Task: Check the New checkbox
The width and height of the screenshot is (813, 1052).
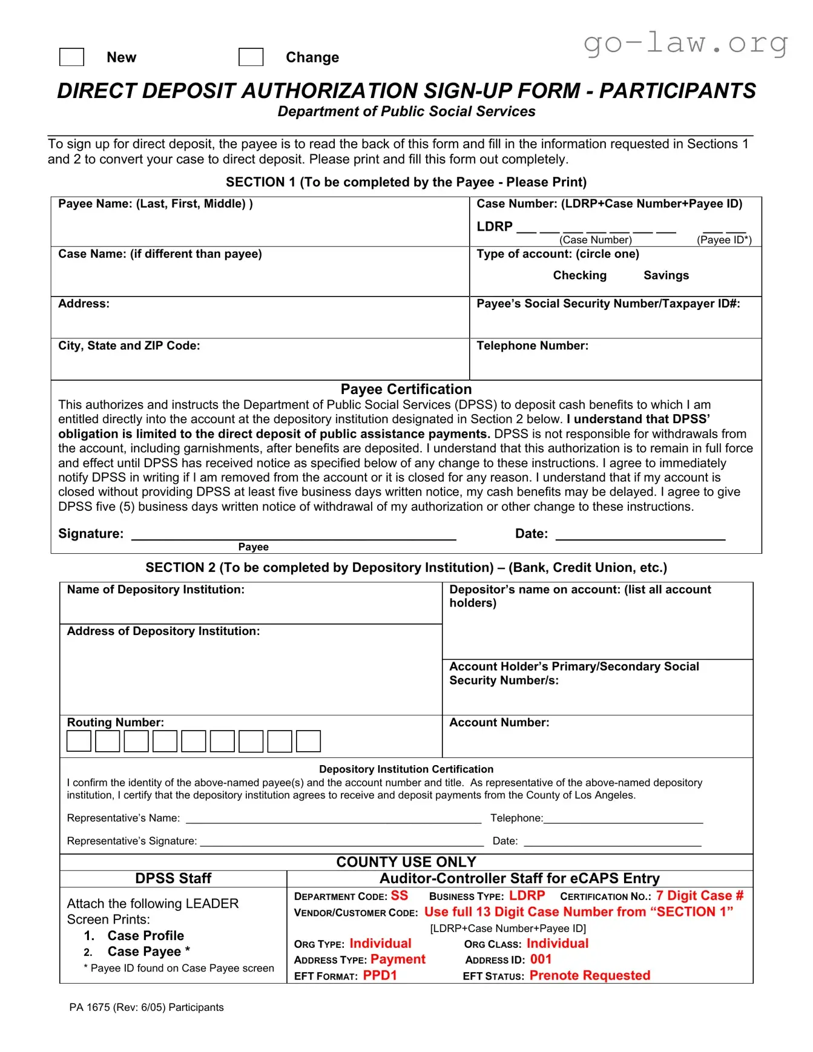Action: tap(71, 57)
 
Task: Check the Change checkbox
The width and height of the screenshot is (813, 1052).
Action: tap(251, 57)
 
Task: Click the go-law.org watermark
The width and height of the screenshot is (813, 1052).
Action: tap(685, 44)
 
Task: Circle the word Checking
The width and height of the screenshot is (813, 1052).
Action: tap(579, 275)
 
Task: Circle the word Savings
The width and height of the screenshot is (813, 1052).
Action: tap(666, 275)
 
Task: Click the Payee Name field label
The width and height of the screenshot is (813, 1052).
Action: tap(155, 204)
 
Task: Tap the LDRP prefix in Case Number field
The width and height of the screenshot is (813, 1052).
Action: tap(494, 226)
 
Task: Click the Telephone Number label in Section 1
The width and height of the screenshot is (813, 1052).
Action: tap(532, 346)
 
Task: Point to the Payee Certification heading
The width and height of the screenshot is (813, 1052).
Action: tap(406, 389)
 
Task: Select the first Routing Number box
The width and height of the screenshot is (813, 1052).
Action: tap(79, 741)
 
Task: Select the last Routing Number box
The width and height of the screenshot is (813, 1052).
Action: tap(308, 741)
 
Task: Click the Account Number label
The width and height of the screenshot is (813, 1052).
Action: tap(499, 723)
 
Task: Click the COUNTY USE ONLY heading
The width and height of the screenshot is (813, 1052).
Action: tap(406, 862)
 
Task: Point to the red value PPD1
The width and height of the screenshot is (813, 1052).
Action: tap(380, 975)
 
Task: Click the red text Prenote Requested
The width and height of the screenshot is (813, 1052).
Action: tap(590, 975)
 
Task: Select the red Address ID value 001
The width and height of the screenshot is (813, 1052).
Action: tap(541, 959)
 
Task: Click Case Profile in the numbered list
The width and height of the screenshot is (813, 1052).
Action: tap(145, 936)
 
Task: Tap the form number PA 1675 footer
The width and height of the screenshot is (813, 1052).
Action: tap(146, 1007)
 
